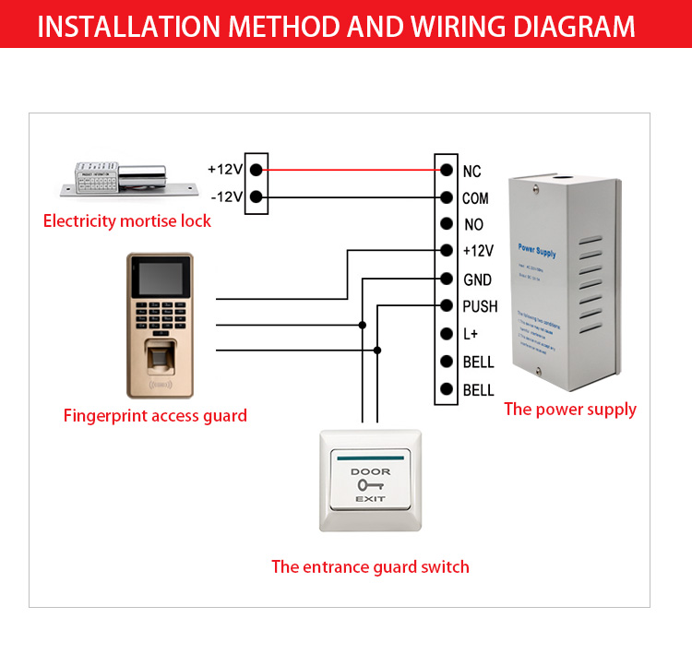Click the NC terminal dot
447,171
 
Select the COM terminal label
475,198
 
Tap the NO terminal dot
447,224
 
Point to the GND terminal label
477,279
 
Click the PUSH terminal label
480,306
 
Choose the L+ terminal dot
447,334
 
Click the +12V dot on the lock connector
256,170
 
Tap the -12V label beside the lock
226,196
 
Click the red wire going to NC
351,170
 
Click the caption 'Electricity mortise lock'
127,220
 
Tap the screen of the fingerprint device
159,279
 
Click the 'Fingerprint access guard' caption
155,415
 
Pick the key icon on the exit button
370,484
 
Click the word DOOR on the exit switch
370,471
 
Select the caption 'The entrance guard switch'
370,566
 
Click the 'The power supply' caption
570,409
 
